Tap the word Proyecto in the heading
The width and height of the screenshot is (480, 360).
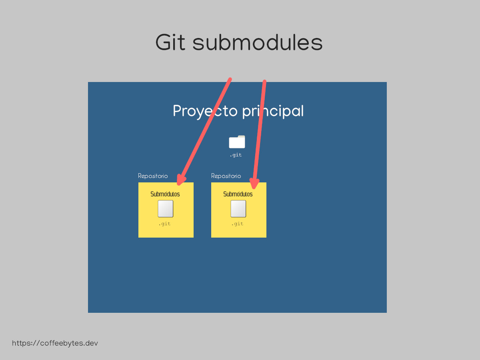point(205,111)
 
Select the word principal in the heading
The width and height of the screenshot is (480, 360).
point(273,111)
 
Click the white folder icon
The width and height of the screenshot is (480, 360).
point(237,142)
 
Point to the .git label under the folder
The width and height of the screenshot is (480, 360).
point(236,155)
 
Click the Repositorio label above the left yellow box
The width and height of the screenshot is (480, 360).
point(153,176)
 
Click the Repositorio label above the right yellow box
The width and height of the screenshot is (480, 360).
point(226,176)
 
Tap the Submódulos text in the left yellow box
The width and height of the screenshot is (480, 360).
point(165,194)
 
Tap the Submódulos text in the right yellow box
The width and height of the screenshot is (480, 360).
point(238,194)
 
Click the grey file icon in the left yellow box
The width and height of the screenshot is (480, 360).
point(166,209)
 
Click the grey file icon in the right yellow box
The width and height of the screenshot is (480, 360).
point(238,209)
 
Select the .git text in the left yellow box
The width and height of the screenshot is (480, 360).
point(164,224)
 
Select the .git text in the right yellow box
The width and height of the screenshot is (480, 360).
point(237,224)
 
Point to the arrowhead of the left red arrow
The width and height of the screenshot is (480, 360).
point(179,184)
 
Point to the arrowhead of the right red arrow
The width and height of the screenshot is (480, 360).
point(254,187)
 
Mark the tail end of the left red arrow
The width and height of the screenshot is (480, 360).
point(230,79)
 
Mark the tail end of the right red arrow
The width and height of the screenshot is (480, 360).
point(265,81)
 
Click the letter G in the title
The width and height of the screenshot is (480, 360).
point(163,42)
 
